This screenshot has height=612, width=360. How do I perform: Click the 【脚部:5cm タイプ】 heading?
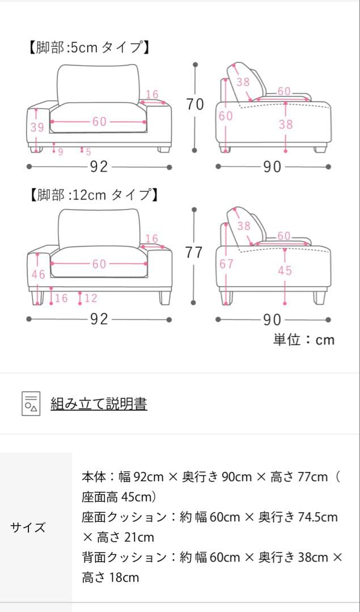88,48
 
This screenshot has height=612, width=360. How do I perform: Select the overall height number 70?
194,104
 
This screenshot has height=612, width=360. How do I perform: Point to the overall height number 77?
194,253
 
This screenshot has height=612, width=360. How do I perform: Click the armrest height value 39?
37,127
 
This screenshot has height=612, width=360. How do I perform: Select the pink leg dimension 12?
91,298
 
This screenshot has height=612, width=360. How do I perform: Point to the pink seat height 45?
285,271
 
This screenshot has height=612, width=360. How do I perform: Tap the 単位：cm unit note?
304,339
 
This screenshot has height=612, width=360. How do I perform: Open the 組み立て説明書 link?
99,403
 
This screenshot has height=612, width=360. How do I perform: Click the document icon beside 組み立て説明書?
31,403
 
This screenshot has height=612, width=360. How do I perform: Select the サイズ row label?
28,528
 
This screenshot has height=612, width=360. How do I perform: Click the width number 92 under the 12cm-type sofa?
99,319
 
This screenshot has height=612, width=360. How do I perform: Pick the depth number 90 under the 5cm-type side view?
272,167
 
